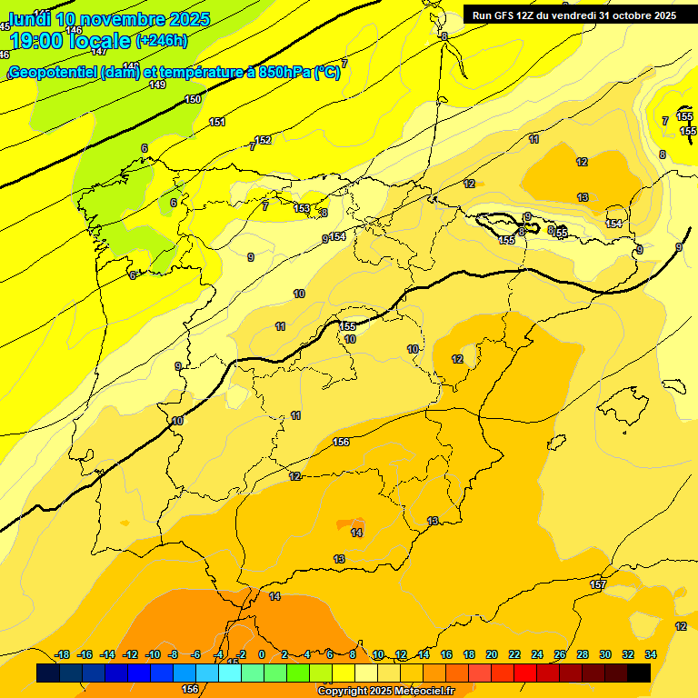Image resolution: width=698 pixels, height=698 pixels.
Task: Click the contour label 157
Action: pos(598,584)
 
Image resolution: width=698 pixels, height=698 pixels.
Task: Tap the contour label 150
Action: pos(193,100)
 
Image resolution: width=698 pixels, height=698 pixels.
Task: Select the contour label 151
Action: pos(217,122)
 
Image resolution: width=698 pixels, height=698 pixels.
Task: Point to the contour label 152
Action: pos(264,140)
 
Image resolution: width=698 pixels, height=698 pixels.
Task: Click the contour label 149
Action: pos(157,85)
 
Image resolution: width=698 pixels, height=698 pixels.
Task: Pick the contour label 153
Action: pos(302,209)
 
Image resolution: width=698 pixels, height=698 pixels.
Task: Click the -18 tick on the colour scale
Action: pos(63,654)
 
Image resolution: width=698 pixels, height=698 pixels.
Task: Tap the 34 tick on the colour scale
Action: pos(651,654)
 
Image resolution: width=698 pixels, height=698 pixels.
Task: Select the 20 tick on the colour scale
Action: pos(492,654)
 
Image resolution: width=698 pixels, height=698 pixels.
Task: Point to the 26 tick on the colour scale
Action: pos(560,654)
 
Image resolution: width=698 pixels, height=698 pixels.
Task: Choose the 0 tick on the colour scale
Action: pos(262,654)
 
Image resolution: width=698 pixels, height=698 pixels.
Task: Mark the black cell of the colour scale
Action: pos(639,673)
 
